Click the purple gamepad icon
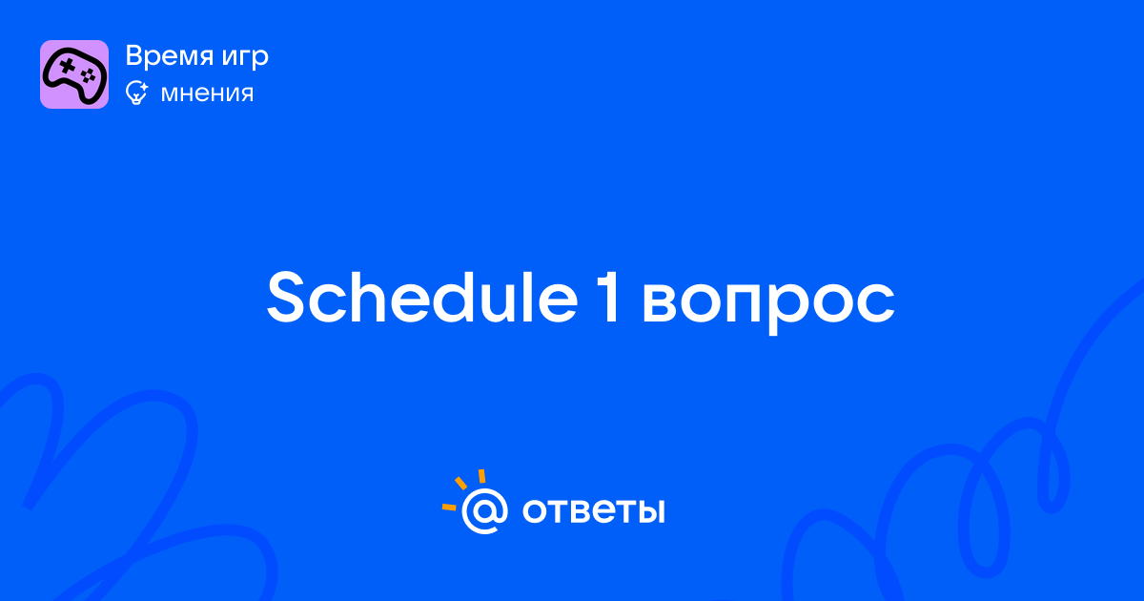tap(74, 74)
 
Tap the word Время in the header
tap(170, 55)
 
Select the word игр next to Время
tap(245, 59)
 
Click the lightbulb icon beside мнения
tap(136, 93)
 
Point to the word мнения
tap(207, 93)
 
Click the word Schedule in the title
tap(422, 298)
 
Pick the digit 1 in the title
tap(610, 298)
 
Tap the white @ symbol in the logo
tap(484, 510)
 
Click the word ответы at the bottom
tap(593, 511)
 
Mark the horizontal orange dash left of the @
tap(449, 507)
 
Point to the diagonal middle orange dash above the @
tap(460, 483)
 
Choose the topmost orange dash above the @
tap(481, 476)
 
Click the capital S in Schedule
tap(285, 298)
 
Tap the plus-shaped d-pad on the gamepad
tap(67, 66)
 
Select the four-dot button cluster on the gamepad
tap(88, 75)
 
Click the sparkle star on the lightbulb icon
tap(144, 86)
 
